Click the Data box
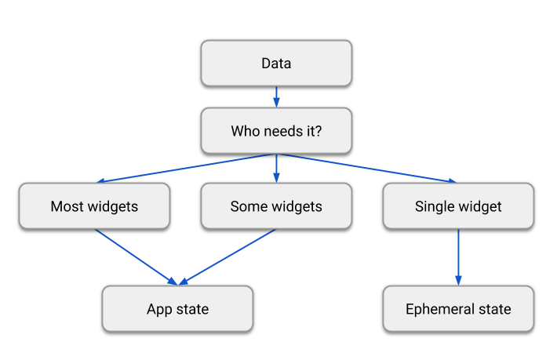(x=276, y=63)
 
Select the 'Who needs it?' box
(x=276, y=131)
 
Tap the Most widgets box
(x=94, y=206)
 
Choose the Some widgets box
(x=276, y=206)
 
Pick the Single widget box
(x=458, y=206)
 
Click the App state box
(x=177, y=308)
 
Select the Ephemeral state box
(x=458, y=308)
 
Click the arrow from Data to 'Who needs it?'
(x=276, y=96)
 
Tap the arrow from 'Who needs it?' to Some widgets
(x=276, y=168)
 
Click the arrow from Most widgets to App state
(x=136, y=256)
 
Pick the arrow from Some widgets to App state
(x=228, y=256)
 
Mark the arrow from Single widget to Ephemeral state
(x=458, y=256)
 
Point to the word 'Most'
(x=66, y=206)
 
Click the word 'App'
(x=159, y=309)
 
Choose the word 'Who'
(x=245, y=131)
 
